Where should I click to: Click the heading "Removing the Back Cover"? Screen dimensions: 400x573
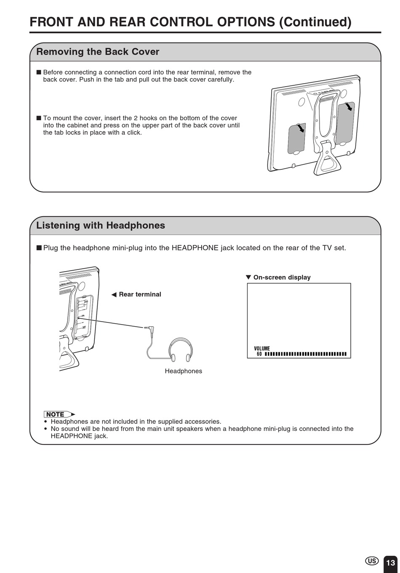coord(98,52)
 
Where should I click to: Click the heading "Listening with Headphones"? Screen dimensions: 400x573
coord(101,225)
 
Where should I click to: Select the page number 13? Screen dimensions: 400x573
coord(390,563)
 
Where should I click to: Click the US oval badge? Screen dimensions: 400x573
coord(371,561)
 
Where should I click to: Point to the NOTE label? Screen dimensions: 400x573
coord(59,414)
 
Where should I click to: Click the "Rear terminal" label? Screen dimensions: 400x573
coord(140,294)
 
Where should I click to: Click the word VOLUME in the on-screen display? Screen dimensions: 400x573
coord(261,349)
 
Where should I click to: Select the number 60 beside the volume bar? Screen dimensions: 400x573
coord(259,354)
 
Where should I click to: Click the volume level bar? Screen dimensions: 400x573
coord(305,354)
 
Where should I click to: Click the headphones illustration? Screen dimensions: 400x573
coord(180,350)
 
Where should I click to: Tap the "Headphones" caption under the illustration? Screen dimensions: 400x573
coord(183,371)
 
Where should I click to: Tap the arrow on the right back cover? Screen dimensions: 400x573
coord(348,107)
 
